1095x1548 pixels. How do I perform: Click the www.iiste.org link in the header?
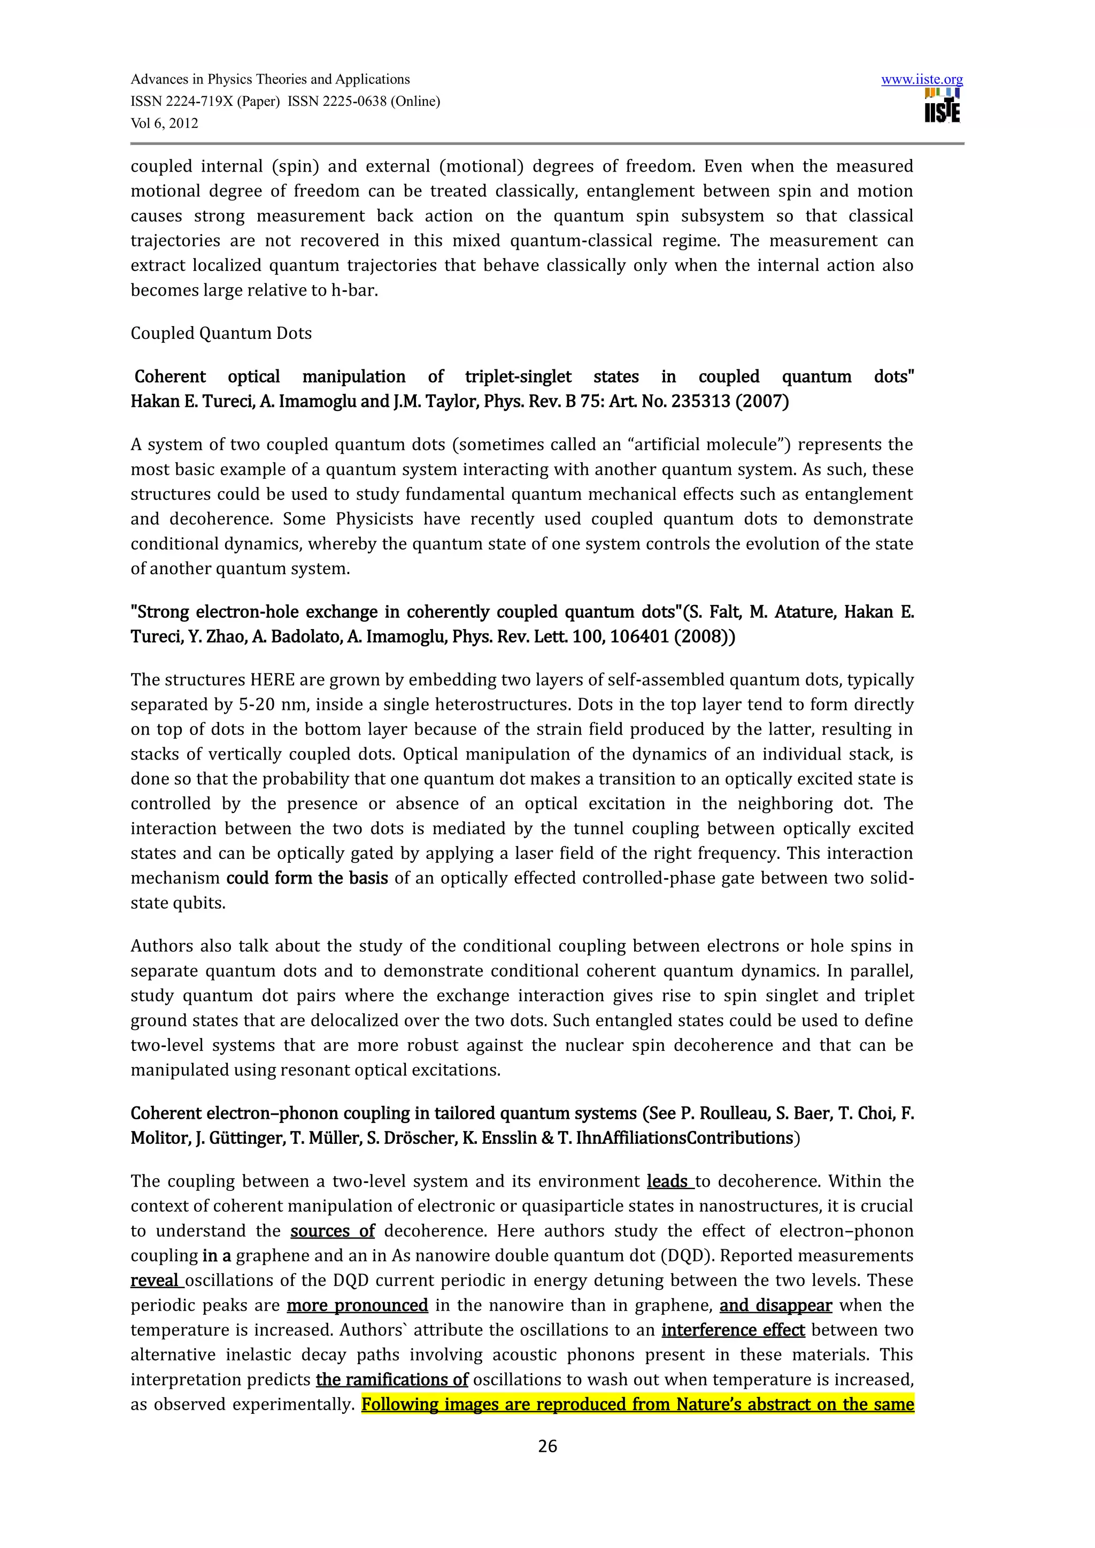tap(922, 80)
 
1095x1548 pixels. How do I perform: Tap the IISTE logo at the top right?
tap(943, 106)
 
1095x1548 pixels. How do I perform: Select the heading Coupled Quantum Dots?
tap(221, 334)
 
